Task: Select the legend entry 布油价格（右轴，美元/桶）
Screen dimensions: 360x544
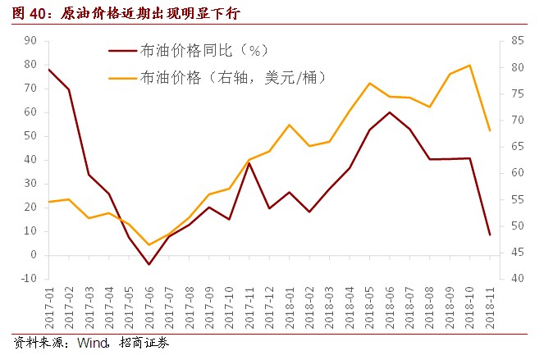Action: (x=234, y=78)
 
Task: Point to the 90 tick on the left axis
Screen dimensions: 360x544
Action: (x=30, y=40)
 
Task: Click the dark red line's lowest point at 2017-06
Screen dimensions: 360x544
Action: (x=149, y=264)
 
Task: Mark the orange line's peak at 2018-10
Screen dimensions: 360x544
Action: (x=469, y=66)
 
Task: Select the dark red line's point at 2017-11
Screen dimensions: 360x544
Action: (x=249, y=163)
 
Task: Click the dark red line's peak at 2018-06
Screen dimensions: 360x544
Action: (x=389, y=112)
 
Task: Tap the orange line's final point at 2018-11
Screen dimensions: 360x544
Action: (x=490, y=130)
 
